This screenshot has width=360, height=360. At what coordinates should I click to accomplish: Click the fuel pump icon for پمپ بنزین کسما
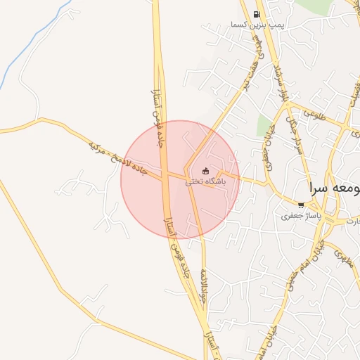click(x=257, y=14)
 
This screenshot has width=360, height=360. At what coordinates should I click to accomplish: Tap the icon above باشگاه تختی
click(x=205, y=171)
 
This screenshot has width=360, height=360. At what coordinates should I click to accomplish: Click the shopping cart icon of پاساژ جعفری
click(x=301, y=205)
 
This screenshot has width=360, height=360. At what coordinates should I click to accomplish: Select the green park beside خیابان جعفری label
click(x=264, y=127)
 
